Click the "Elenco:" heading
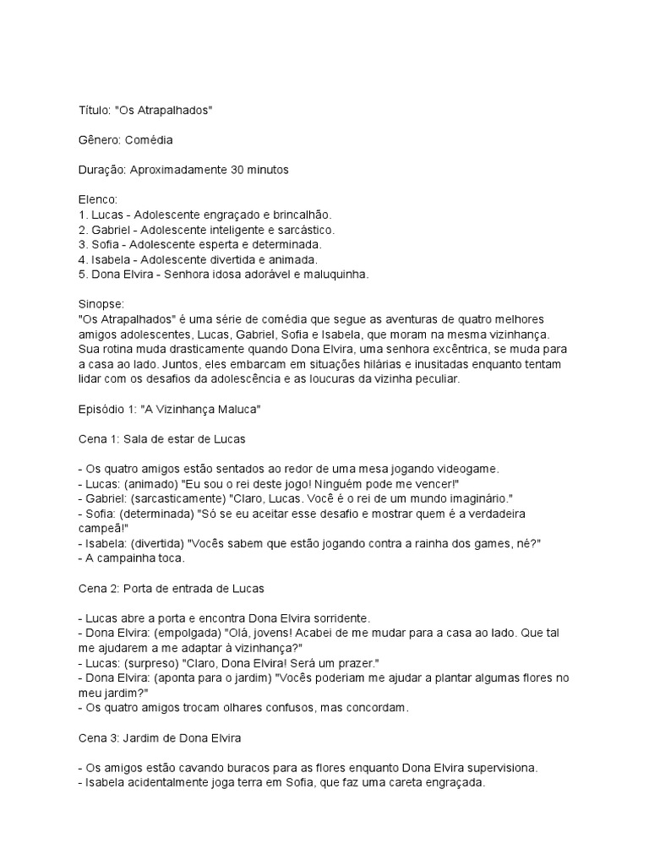click(x=96, y=200)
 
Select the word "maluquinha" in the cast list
click(x=338, y=275)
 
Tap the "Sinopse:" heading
click(x=100, y=305)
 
